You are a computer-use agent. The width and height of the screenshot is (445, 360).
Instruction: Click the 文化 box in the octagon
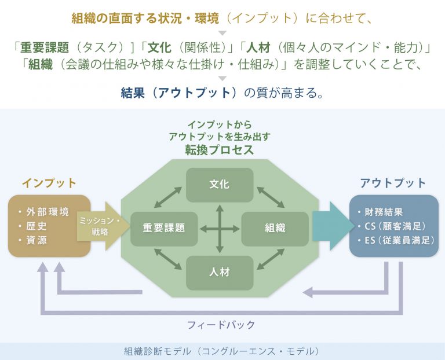point(220,185)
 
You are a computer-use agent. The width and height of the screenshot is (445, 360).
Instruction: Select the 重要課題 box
point(164,229)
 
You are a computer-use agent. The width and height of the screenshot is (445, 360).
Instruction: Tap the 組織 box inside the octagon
point(275,229)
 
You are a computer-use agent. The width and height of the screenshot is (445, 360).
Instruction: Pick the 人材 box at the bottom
point(220,273)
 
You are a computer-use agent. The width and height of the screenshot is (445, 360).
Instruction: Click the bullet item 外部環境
point(44,212)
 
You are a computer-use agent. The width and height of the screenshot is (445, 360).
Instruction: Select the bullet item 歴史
point(32,226)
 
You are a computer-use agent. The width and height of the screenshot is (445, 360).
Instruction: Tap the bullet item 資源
point(32,240)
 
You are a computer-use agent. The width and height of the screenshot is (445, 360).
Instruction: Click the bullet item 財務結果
point(380,212)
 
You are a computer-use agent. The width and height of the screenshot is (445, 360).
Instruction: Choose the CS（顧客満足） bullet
point(392,226)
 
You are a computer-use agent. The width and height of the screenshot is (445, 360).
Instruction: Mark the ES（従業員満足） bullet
point(396,240)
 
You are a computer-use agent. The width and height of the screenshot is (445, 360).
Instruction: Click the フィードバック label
point(221,325)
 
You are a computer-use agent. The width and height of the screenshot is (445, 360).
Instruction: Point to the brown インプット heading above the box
point(49,183)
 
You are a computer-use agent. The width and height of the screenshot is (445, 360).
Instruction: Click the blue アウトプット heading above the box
point(393,183)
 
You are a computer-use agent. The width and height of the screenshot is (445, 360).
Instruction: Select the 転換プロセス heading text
point(220,150)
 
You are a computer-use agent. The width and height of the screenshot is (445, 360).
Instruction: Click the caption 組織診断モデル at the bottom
point(157,351)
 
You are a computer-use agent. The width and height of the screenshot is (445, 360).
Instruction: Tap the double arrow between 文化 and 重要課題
point(167,197)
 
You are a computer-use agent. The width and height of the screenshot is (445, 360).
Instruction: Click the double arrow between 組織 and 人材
point(271,259)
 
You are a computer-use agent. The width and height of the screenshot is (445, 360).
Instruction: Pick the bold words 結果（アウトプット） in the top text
point(178,93)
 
